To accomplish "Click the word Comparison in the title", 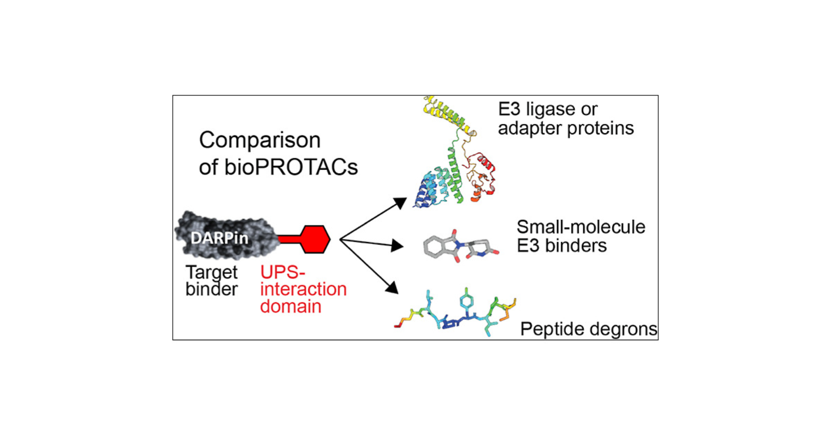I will (260, 141).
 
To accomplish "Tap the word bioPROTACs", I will (291, 167).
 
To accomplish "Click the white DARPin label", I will (219, 238).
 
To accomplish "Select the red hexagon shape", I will (315, 239).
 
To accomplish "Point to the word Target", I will (211, 273).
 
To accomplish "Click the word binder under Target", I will (211, 289).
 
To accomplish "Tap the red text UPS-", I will (283, 272).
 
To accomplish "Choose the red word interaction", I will (303, 289).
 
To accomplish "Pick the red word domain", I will (290, 307).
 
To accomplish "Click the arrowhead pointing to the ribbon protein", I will (401, 203).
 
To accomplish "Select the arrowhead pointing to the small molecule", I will (397, 246).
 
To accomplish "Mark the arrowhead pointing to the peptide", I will (392, 288).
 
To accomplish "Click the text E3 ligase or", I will (547, 109).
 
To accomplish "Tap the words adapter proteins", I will (565, 128).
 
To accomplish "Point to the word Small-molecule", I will (580, 227).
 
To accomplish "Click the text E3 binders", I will (561, 246).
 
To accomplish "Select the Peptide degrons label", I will (588, 329).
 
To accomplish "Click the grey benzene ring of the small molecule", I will (435, 247).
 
